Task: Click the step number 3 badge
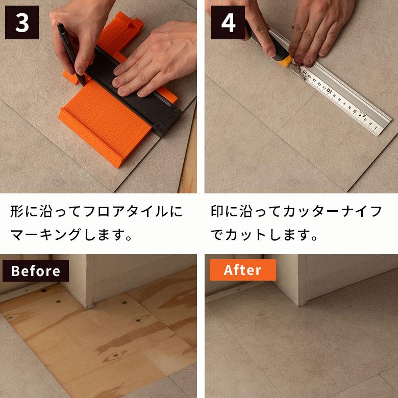(x=22, y=23)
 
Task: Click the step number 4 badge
(x=228, y=23)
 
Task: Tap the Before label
(x=35, y=270)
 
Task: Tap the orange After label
(x=242, y=270)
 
